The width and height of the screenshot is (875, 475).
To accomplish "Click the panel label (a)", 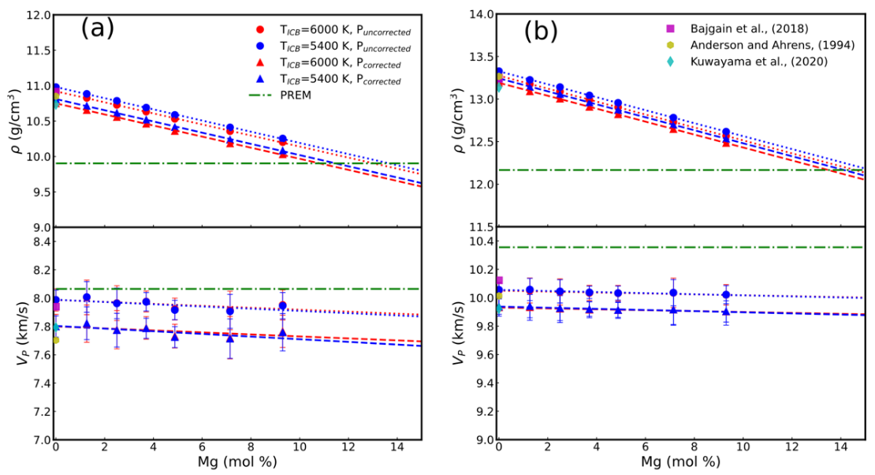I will pyautogui.click(x=97, y=28).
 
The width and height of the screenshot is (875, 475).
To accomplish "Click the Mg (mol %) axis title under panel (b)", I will pyautogui.click(x=681, y=462).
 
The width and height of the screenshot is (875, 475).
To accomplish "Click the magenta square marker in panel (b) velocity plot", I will pyautogui.click(x=499, y=280).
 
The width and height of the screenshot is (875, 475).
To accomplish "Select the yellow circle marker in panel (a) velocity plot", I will pyautogui.click(x=55, y=340).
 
